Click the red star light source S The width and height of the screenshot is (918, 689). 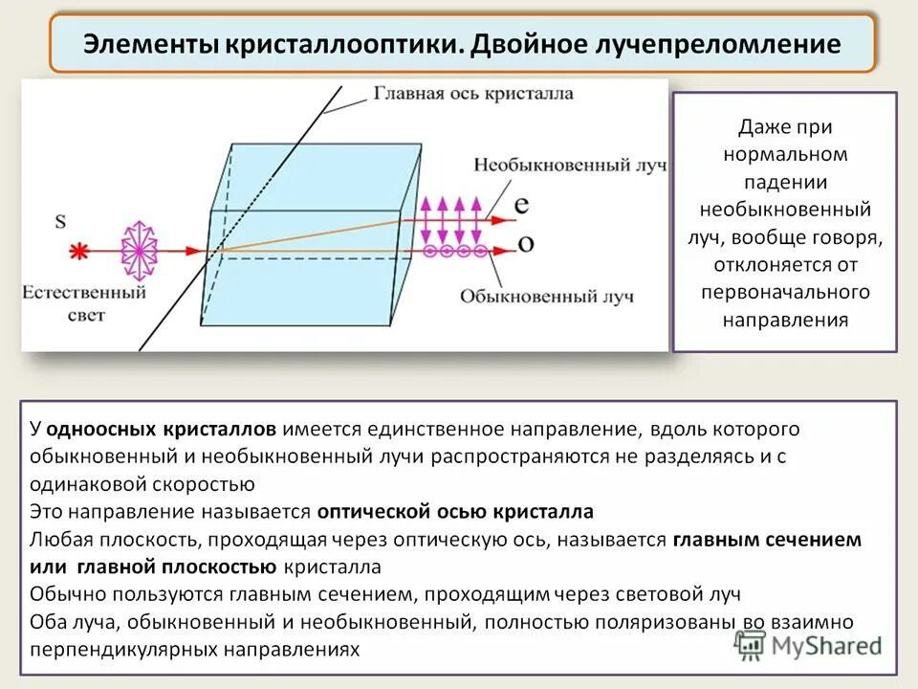pos(79,251)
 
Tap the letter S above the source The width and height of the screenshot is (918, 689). pos(60,222)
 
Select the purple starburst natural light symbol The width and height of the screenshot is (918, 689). pos(139,251)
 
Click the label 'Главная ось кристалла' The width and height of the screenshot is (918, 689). pos(472,94)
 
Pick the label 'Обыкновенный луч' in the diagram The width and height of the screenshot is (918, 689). pos(546,297)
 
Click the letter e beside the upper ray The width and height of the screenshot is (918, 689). pos(521,205)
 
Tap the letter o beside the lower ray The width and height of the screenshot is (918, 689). pos(525,243)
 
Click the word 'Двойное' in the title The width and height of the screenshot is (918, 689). pos(540,44)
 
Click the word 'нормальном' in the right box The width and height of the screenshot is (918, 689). pos(785,154)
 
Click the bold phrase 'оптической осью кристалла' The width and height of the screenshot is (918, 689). pos(455,510)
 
